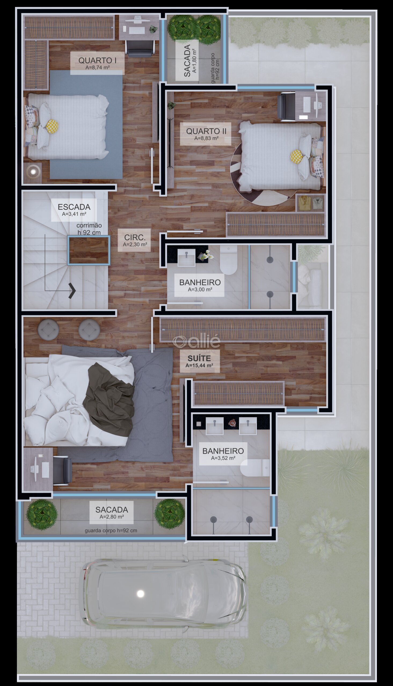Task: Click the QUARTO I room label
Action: click(x=97, y=60)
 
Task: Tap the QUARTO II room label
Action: click(x=206, y=131)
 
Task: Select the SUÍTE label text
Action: click(x=199, y=358)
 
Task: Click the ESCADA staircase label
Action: click(x=74, y=207)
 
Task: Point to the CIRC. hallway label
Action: click(x=135, y=237)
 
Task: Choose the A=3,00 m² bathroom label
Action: click(x=200, y=290)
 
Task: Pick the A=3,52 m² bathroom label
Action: click(x=223, y=458)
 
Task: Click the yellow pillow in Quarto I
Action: click(x=52, y=126)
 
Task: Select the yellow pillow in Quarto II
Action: click(x=297, y=156)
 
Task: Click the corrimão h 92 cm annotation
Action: click(x=89, y=229)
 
